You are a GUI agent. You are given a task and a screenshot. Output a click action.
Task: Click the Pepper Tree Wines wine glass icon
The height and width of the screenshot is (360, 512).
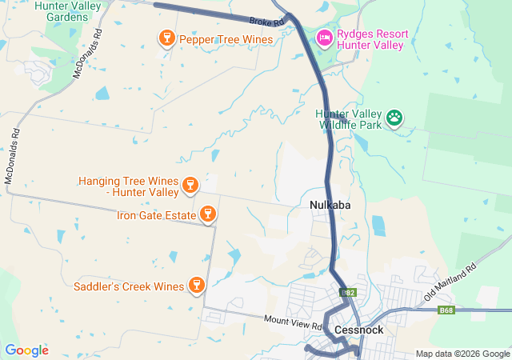click(x=166, y=38)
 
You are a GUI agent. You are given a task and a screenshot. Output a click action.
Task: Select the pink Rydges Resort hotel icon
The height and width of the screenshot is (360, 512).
click(x=324, y=38)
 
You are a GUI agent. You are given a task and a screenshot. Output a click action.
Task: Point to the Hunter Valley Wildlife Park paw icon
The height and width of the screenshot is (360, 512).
click(x=394, y=118)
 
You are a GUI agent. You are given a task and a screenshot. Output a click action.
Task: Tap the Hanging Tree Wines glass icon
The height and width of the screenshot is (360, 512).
click(x=190, y=186)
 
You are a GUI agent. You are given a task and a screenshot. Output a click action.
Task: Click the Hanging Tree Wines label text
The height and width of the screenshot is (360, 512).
click(x=128, y=186)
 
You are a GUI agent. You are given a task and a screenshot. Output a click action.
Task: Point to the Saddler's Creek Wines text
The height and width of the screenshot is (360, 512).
click(x=129, y=286)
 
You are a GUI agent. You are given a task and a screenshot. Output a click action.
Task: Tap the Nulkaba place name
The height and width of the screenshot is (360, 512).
click(x=330, y=206)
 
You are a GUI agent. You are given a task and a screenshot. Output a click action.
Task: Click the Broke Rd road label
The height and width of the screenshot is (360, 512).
click(x=266, y=21)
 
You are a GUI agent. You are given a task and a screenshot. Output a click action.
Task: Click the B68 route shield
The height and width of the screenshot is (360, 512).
click(x=445, y=310)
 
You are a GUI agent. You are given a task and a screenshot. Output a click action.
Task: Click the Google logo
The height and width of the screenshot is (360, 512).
click(x=26, y=350)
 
